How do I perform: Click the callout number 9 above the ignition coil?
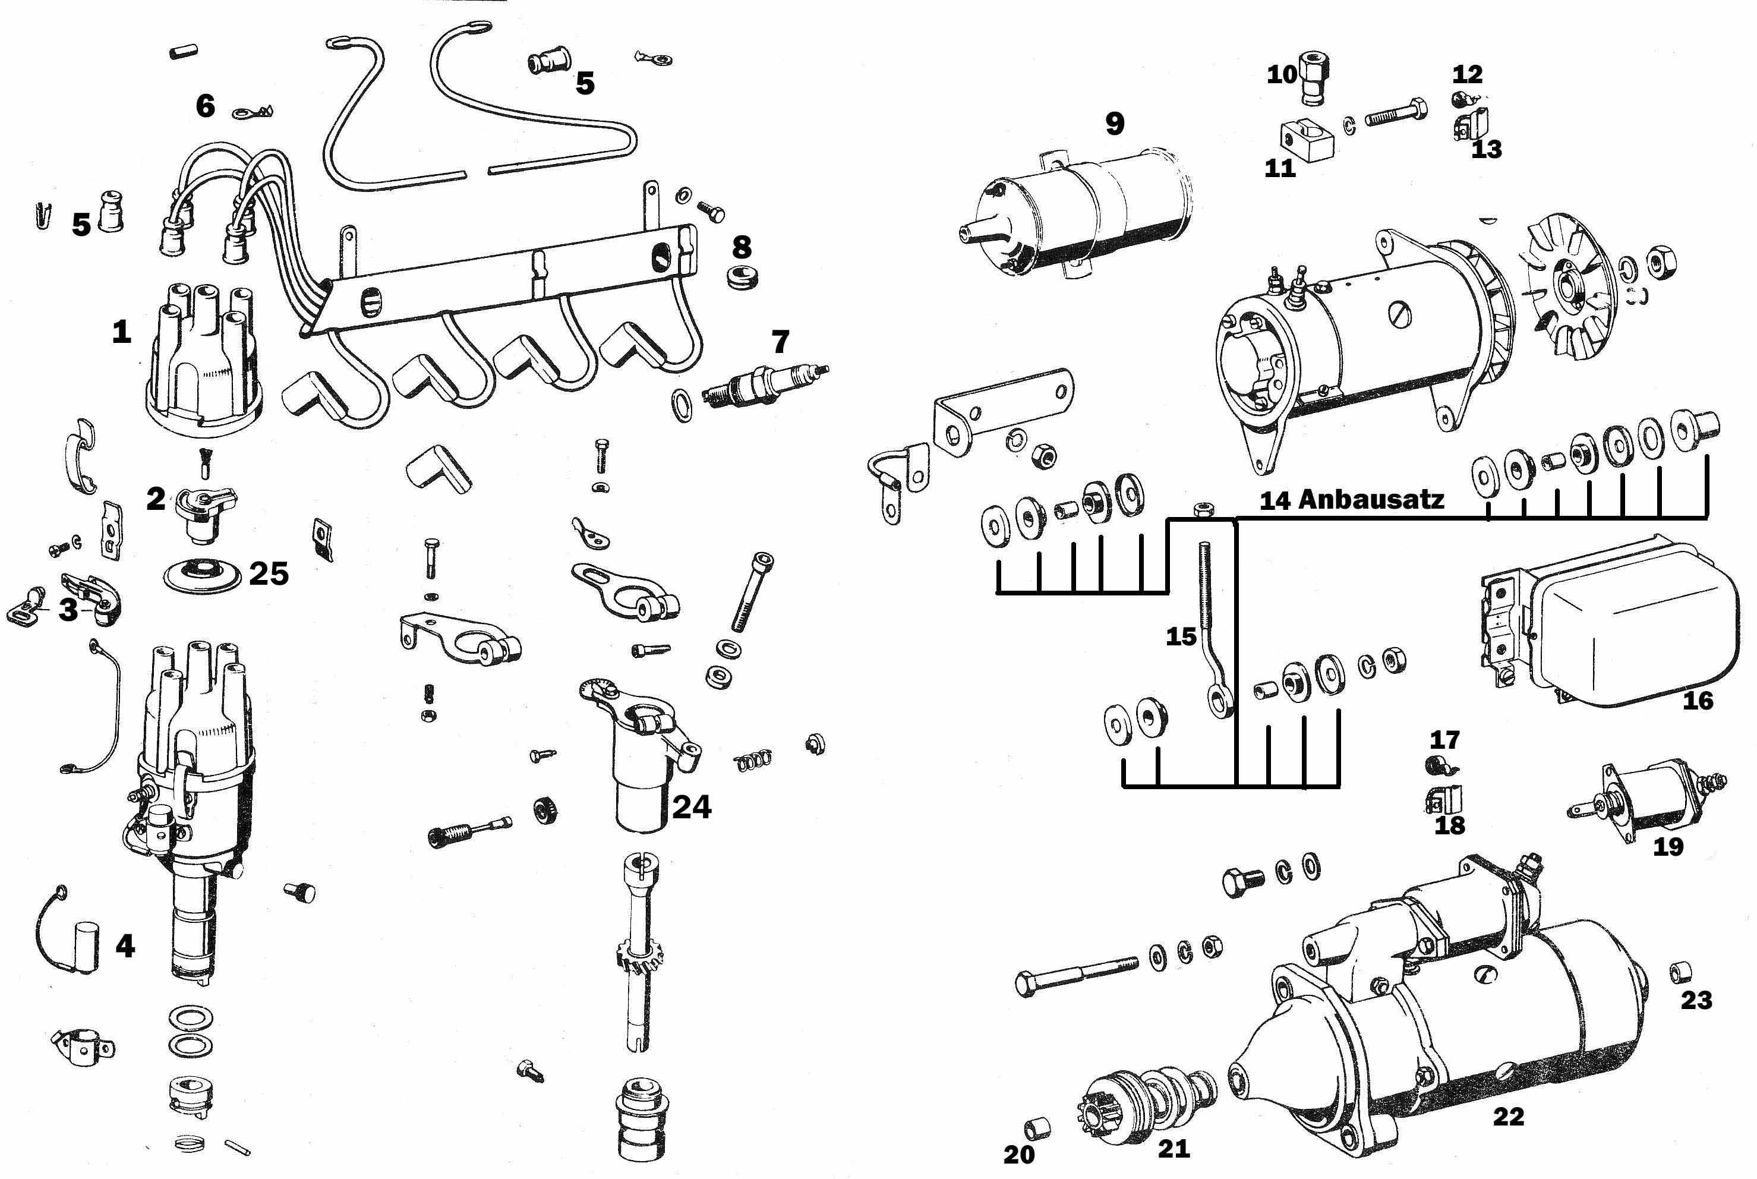coord(1114,124)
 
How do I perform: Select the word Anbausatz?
coord(1371,499)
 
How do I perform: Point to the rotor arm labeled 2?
coord(201,511)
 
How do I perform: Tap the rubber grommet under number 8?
coord(742,276)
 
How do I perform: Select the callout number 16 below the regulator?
coord(1698,700)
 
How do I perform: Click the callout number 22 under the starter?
coord(1508,1117)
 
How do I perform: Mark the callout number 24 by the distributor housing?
coord(692,807)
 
